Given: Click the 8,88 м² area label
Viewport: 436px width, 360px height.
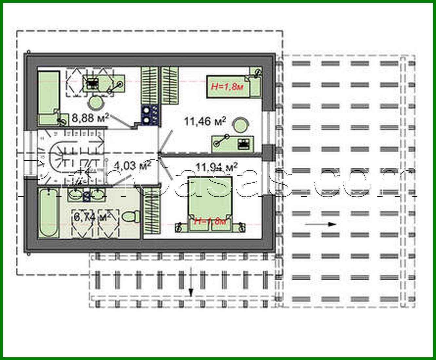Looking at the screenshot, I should tap(90, 118).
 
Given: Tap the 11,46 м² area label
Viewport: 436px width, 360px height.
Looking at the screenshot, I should tap(205, 122).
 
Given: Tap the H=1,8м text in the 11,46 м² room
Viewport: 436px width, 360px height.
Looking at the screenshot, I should tap(227, 87).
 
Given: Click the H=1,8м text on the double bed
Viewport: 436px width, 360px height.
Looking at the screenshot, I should tap(210, 221).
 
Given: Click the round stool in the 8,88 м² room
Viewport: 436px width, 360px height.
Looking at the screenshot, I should tap(95, 103).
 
